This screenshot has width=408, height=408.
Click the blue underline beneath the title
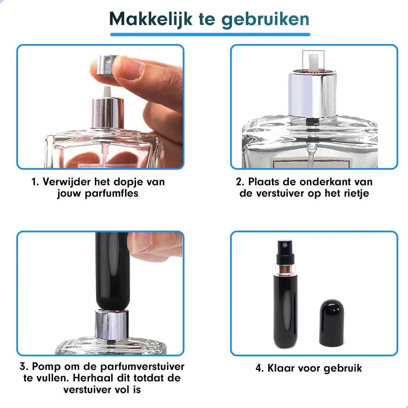(210, 34)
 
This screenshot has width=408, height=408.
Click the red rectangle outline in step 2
(313, 62)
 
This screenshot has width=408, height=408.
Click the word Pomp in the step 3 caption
(46, 367)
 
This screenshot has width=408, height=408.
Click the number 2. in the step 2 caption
(240, 182)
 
